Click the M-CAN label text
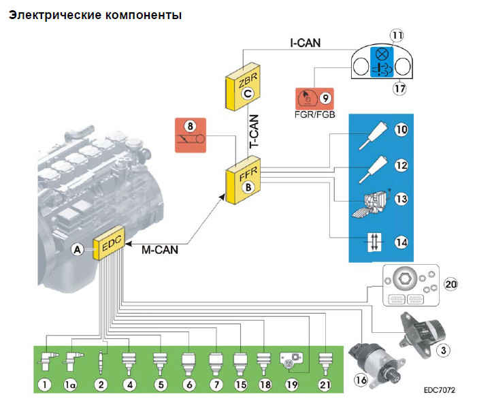click(x=160, y=249)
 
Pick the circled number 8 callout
click(x=191, y=126)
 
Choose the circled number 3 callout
click(x=442, y=350)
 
